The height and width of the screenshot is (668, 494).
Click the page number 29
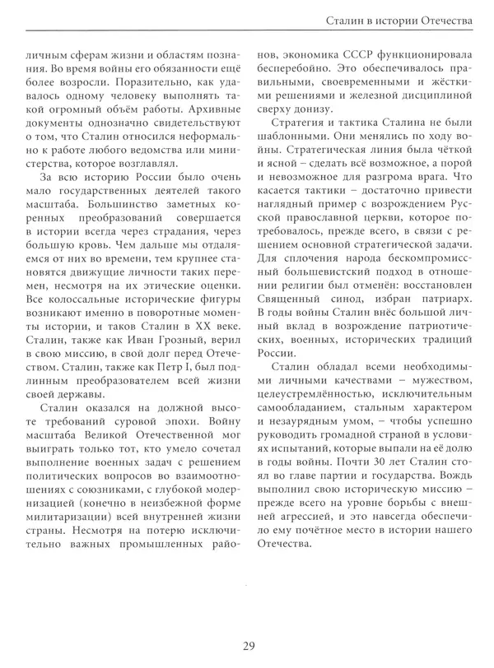tap(246, 644)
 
